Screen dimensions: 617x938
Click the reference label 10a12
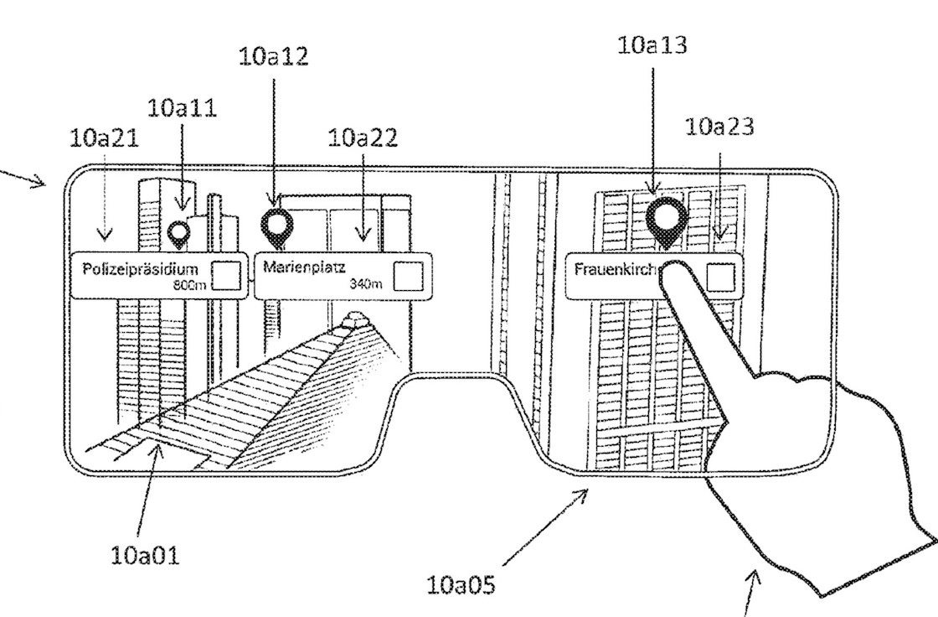pos(273,57)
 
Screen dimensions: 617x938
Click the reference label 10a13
pos(652,46)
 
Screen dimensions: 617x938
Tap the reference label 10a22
pos(362,137)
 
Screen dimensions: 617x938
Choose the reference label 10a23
pos(719,127)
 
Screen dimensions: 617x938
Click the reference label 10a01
pos(144,555)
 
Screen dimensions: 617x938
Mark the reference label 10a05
pos(460,584)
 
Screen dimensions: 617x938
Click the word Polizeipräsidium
pos(140,269)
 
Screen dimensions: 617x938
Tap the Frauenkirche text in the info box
pos(618,269)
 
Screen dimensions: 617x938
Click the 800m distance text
pos(189,285)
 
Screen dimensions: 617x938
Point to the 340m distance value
pos(366,283)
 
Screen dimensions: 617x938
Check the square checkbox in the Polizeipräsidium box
pos(227,274)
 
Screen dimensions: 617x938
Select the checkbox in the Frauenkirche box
pos(720,275)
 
